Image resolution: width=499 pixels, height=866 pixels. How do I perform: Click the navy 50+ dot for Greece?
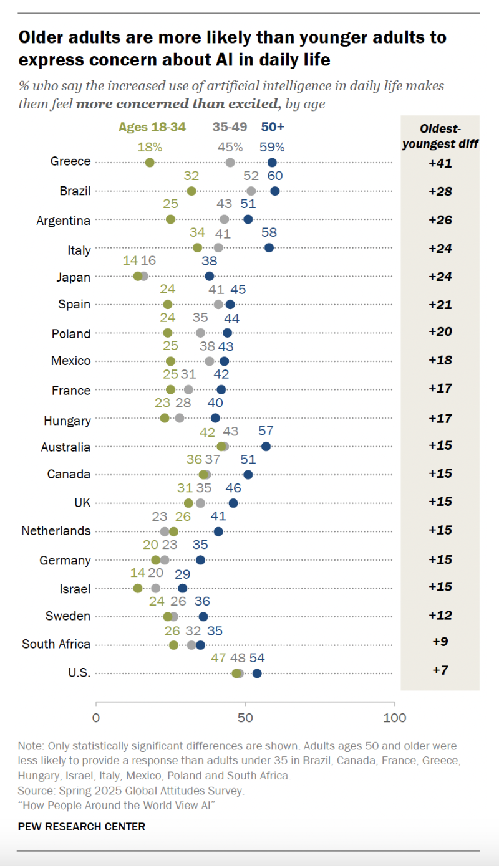[272, 163]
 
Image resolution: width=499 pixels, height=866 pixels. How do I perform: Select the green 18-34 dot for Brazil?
[191, 191]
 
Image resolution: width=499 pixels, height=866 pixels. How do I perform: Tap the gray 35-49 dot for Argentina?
[225, 219]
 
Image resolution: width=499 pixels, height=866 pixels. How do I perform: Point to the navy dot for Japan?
[210, 276]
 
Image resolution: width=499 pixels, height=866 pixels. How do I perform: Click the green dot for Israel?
[138, 588]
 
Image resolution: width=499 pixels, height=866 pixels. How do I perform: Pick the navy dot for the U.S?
[257, 673]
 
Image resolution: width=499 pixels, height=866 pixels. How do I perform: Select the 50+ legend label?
[273, 127]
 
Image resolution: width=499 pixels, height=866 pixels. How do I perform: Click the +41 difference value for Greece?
[440, 163]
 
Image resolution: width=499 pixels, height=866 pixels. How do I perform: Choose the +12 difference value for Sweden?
[440, 616]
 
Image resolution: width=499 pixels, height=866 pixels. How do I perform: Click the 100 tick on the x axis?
[394, 718]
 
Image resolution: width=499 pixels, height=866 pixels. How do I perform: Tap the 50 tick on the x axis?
[245, 718]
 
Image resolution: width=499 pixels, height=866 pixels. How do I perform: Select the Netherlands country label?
[56, 531]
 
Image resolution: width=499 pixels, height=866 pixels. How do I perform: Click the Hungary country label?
[67, 421]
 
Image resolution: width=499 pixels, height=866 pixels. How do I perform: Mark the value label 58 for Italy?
[269, 232]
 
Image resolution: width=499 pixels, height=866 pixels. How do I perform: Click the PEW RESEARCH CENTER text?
[82, 827]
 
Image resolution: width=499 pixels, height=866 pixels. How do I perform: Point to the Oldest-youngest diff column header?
[440, 136]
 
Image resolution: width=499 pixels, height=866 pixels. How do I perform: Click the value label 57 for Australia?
[266, 431]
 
